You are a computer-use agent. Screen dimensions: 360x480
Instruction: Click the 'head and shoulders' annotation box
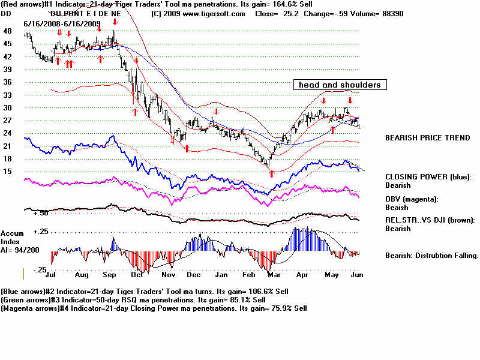pos(340,85)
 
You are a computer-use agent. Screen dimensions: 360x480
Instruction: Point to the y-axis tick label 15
pos(7,172)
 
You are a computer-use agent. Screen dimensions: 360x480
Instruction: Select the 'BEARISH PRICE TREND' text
pos(427,138)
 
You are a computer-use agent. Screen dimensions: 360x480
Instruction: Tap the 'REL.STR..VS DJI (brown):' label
pos(431,220)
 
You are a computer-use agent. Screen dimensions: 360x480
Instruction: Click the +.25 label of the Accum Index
pos(40,232)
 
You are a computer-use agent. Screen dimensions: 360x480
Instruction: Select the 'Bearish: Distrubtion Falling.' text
pos(431,256)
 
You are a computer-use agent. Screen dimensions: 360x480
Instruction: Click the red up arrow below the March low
pos(272,174)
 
